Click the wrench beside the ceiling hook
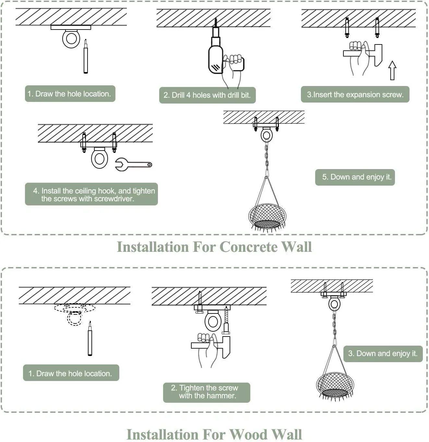point(134,165)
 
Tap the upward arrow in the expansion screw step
point(392,70)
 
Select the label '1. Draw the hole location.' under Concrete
point(70,94)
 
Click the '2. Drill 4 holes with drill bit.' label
point(207,95)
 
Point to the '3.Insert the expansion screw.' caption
point(355,94)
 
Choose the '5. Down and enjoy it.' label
point(355,177)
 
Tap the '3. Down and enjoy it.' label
point(383,354)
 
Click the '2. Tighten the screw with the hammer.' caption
point(207,392)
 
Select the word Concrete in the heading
point(248,247)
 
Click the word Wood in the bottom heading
point(249,435)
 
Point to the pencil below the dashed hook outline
point(90,338)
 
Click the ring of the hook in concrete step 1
point(71,39)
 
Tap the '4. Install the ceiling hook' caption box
point(91,194)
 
